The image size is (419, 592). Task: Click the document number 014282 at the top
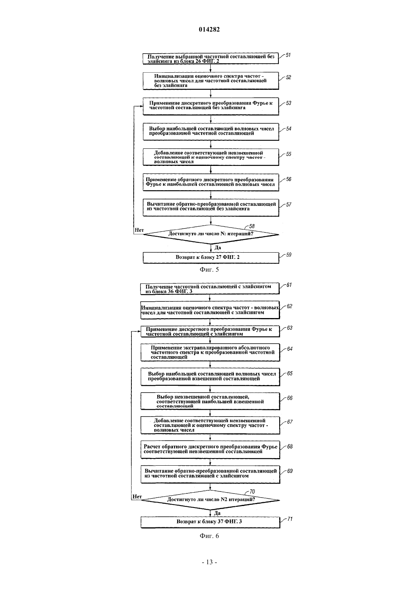209,29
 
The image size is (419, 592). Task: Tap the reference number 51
288,55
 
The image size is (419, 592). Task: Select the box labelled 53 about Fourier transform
211,106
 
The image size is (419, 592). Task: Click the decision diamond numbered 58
211,234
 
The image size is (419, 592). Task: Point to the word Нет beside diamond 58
139,230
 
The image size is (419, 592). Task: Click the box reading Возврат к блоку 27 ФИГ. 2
211,258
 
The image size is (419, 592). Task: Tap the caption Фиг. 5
209,270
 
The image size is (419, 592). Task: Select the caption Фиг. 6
209,536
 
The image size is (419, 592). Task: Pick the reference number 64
289,349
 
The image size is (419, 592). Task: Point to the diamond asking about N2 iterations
210,500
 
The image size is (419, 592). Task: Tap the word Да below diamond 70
217,513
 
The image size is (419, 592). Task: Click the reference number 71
289,519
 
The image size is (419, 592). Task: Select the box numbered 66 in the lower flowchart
210,401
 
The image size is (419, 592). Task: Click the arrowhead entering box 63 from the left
139,331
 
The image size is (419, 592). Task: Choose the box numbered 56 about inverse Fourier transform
211,182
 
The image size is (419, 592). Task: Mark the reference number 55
289,154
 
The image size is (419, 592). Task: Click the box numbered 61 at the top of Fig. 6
210,289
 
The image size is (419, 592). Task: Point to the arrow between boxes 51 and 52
211,68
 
